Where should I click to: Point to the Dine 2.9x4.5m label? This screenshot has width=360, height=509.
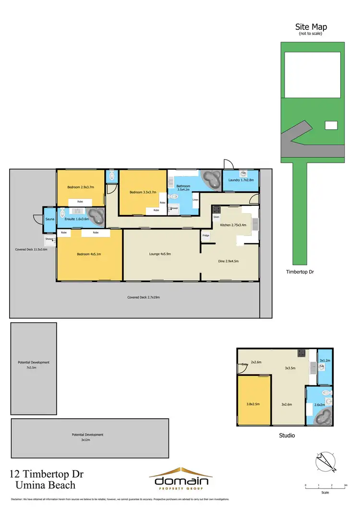[228, 261]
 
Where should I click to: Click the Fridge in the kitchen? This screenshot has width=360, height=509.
[205, 236]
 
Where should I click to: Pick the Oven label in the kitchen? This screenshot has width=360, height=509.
[216, 217]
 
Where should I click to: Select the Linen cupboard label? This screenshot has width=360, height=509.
[195, 200]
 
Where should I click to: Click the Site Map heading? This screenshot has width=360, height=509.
[311, 27]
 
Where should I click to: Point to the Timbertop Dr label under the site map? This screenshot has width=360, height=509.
[297, 272]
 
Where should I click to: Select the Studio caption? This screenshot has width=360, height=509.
[287, 436]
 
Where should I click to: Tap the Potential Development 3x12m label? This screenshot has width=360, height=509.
[87, 437]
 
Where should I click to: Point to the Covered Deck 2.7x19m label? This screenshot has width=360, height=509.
[143, 297]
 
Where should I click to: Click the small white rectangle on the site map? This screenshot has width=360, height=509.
[331, 125]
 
